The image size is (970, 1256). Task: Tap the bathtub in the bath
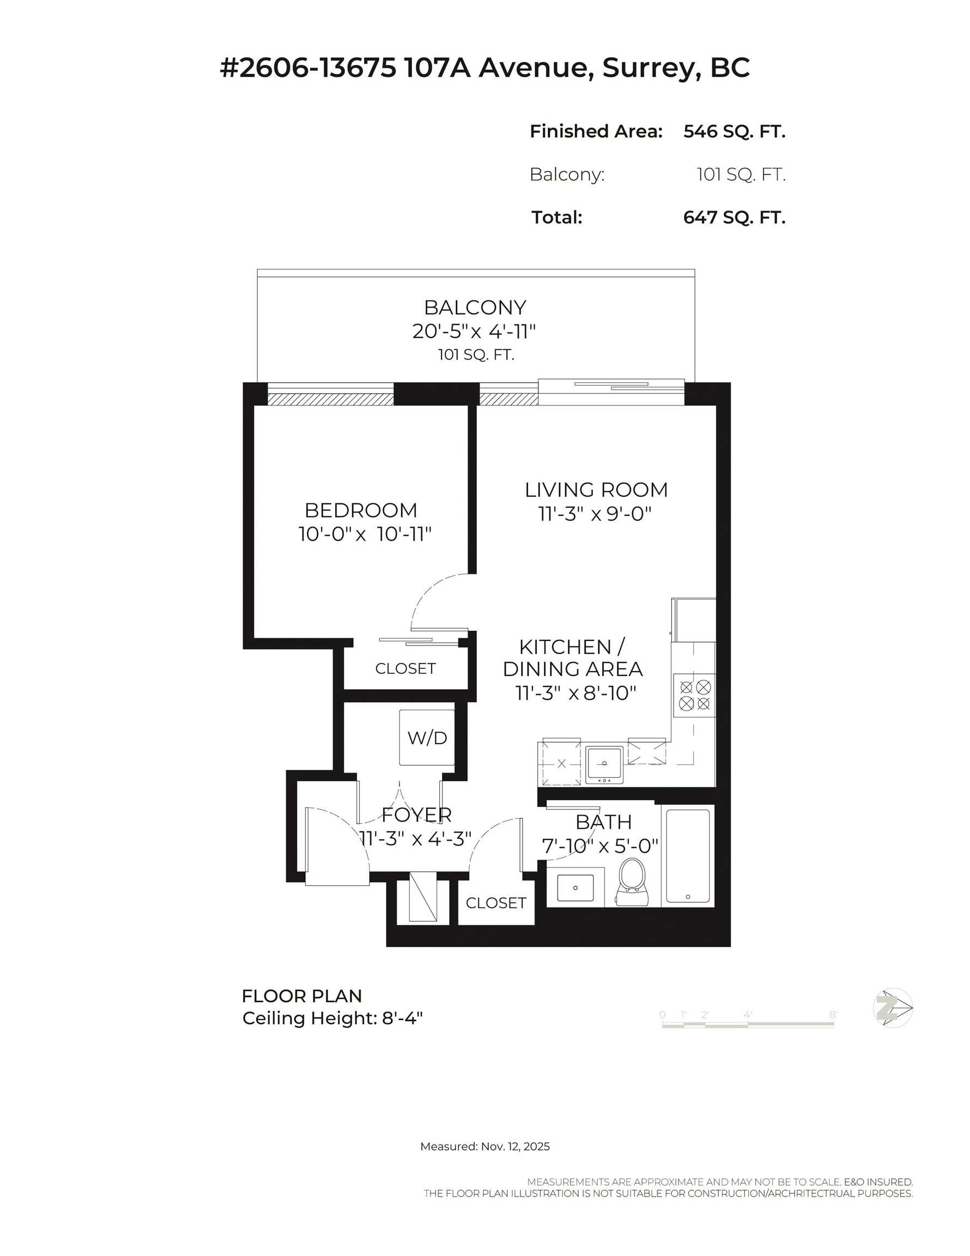coord(688,856)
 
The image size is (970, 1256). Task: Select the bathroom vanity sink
coord(575,888)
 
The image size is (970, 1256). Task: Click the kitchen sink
coord(604,765)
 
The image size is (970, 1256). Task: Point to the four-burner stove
coord(695,695)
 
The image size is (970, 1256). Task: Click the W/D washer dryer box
coord(427,738)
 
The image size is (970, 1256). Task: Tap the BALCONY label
coord(475,307)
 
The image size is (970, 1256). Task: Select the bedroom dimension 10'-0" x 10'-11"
coord(365,534)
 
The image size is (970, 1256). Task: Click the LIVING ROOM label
coord(596,490)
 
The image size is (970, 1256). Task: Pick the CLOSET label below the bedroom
coord(405,668)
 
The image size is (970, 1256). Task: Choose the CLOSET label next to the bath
coord(496,903)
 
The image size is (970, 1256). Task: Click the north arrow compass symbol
coord(893,1008)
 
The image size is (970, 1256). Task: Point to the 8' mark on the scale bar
coord(833,1015)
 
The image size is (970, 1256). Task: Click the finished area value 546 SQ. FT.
coord(733,131)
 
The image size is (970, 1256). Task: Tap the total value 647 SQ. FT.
coord(733,218)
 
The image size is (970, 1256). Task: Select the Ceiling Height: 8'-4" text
coord(332,1018)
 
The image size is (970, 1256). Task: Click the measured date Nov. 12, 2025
coord(514,1146)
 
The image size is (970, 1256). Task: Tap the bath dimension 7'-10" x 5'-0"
coord(599,846)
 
